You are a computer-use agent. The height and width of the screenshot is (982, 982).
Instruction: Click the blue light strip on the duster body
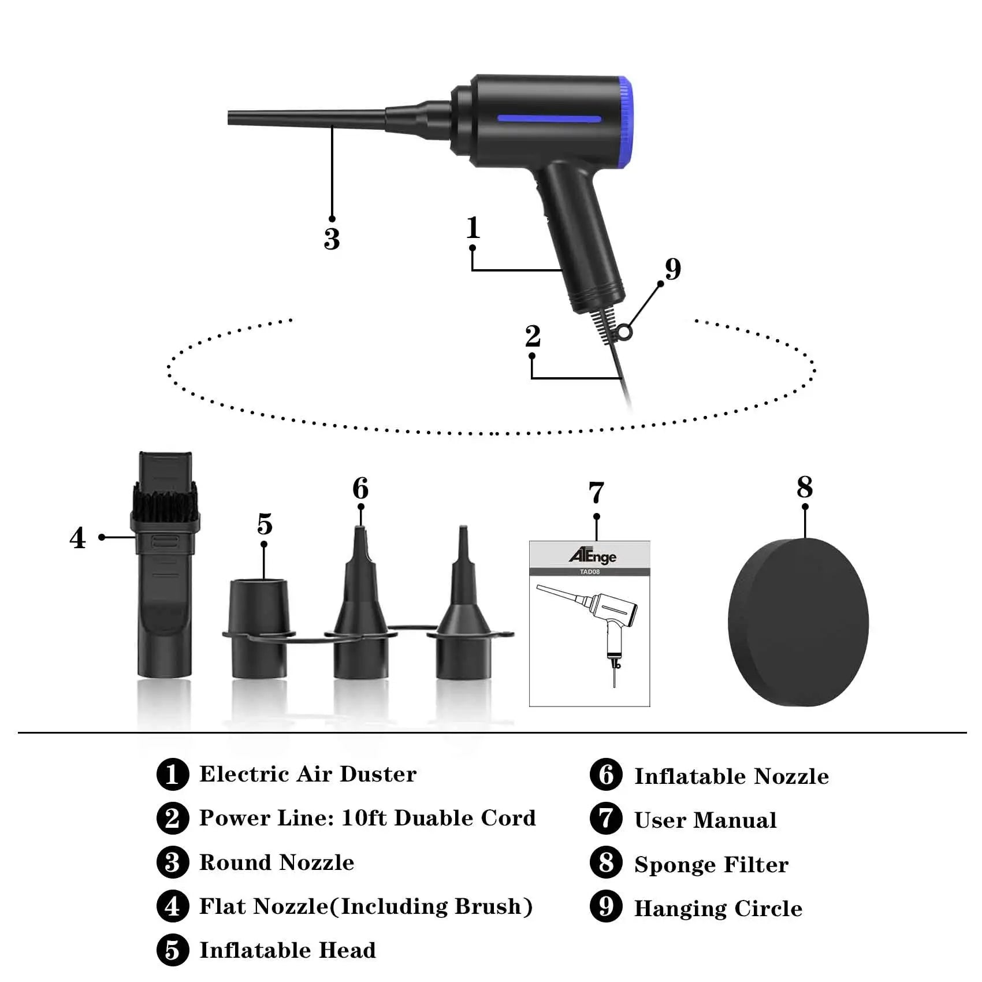549,120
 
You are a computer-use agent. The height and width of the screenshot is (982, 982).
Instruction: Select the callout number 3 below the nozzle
332,239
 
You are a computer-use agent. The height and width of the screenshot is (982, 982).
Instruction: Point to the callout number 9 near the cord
673,269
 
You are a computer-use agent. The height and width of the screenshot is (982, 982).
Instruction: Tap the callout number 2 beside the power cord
533,336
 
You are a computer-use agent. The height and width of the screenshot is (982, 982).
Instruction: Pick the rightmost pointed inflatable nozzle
463,612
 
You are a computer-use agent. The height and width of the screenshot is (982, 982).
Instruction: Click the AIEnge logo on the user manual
592,556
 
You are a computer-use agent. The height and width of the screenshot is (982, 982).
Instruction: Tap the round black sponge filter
798,622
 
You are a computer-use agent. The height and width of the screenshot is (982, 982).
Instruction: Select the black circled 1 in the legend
172,774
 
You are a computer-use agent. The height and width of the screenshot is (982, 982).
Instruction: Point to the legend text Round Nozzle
277,862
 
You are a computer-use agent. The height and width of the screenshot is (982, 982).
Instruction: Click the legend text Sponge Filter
711,865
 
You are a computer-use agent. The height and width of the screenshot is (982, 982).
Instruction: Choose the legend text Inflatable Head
287,950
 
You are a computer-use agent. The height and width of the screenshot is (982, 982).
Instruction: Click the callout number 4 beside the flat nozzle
77,538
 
